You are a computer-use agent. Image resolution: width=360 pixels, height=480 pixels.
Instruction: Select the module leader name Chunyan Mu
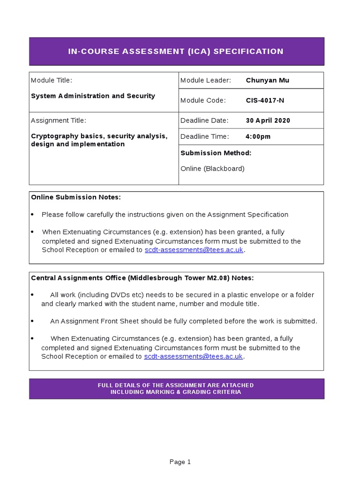267,80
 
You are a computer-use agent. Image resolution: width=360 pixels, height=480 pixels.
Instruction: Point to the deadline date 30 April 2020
268,120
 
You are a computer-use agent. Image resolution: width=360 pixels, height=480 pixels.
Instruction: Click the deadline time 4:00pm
258,136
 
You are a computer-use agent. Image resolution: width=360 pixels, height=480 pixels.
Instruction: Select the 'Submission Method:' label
216,153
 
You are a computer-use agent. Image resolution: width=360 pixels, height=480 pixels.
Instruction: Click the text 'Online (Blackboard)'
212,168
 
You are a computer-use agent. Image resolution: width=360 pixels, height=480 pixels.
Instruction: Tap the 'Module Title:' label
52,80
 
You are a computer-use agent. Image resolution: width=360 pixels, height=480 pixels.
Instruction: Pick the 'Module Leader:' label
205,80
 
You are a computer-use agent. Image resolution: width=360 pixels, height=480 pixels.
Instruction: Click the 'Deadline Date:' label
204,120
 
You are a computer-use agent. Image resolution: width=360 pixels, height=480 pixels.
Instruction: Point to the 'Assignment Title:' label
59,120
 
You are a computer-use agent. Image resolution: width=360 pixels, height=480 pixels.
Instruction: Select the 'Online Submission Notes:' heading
75,197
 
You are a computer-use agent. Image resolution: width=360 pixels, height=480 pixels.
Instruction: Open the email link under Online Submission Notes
194,250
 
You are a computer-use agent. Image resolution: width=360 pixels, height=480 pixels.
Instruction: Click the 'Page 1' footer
180,462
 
